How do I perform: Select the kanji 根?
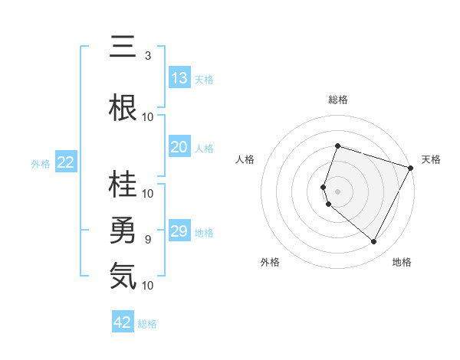[123, 109]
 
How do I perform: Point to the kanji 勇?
[123, 231]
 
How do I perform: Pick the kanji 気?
[123, 276]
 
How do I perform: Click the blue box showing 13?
[179, 78]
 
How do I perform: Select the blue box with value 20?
[179, 147]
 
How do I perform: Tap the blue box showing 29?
[179, 231]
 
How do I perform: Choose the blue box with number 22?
[66, 162]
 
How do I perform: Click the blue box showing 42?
[123, 322]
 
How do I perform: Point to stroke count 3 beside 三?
[147, 56]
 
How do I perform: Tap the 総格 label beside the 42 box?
[147, 324]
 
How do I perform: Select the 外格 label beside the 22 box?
[41, 163]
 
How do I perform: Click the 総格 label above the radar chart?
[337, 100]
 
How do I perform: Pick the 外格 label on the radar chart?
[270, 262]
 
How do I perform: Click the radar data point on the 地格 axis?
[374, 242]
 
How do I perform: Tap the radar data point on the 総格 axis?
[337, 146]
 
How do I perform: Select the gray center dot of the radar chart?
[337, 191]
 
